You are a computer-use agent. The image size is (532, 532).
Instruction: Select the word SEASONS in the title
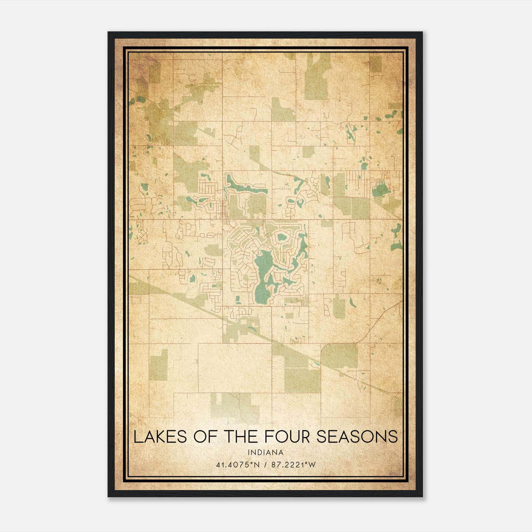357,437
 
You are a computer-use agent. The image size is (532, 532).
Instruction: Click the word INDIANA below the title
266,453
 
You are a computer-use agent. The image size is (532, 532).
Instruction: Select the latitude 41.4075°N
237,465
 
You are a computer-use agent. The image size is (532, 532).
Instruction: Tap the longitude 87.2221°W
293,465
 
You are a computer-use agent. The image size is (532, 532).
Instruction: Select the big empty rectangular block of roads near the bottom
234,367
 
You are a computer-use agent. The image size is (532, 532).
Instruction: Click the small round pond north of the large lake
281,237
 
